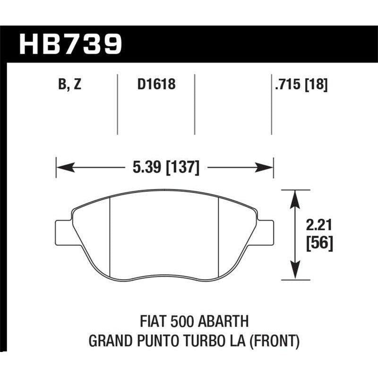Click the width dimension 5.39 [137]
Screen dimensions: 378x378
(x=165, y=167)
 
